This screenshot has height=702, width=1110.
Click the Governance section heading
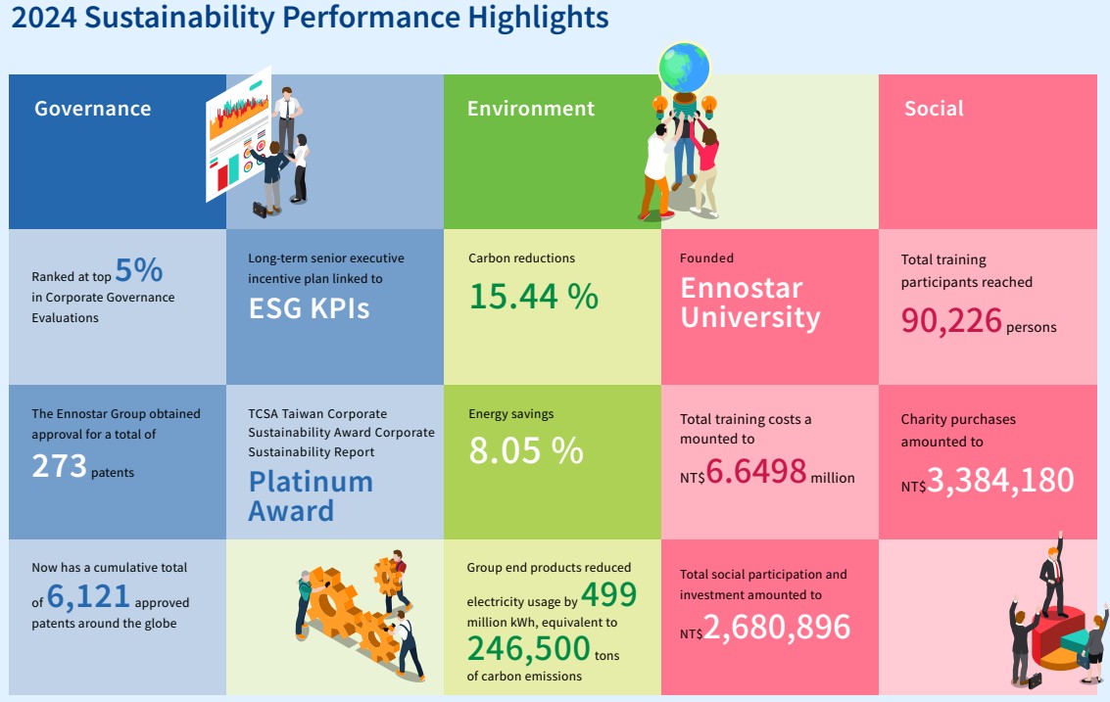(x=92, y=109)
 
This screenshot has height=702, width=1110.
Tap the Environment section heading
(x=530, y=109)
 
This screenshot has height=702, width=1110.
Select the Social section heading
(x=934, y=109)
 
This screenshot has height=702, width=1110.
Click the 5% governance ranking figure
(x=139, y=269)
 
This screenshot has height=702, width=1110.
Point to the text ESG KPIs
(x=309, y=308)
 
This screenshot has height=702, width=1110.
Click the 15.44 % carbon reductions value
(x=533, y=296)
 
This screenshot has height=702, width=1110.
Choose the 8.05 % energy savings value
(x=526, y=450)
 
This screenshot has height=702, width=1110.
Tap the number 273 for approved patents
(x=59, y=466)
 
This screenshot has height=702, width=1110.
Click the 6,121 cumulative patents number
(x=88, y=597)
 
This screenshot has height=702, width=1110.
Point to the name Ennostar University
(x=749, y=303)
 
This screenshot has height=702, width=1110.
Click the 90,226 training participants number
(x=951, y=320)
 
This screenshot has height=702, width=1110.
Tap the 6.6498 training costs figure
(x=756, y=473)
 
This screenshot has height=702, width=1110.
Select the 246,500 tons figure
(x=529, y=648)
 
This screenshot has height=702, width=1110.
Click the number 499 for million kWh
(x=608, y=594)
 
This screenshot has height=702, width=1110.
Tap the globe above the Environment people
(x=684, y=66)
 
